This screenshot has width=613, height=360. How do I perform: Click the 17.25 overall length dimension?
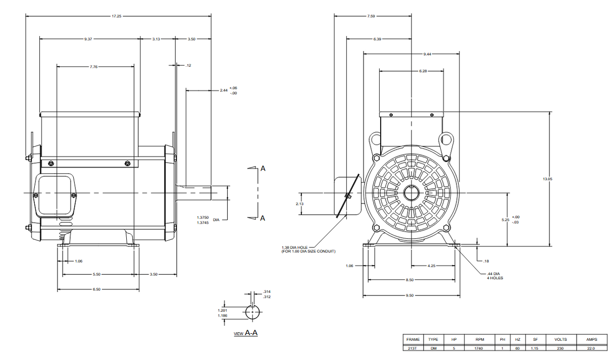click(x=116, y=16)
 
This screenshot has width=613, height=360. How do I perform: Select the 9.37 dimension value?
click(x=88, y=39)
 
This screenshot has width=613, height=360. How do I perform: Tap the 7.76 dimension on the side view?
click(x=93, y=66)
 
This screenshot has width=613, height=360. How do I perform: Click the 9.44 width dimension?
click(x=431, y=54)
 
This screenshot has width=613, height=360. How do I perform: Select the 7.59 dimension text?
click(x=371, y=16)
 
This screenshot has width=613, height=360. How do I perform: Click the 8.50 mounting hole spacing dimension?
click(x=410, y=280)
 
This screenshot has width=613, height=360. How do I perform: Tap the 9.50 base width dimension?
click(x=410, y=295)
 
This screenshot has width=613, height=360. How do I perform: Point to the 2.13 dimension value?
click(x=299, y=204)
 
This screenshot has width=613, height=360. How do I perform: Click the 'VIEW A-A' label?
click(x=246, y=334)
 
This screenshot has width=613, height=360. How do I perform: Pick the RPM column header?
click(x=480, y=340)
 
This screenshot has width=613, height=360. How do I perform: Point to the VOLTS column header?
click(x=560, y=340)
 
